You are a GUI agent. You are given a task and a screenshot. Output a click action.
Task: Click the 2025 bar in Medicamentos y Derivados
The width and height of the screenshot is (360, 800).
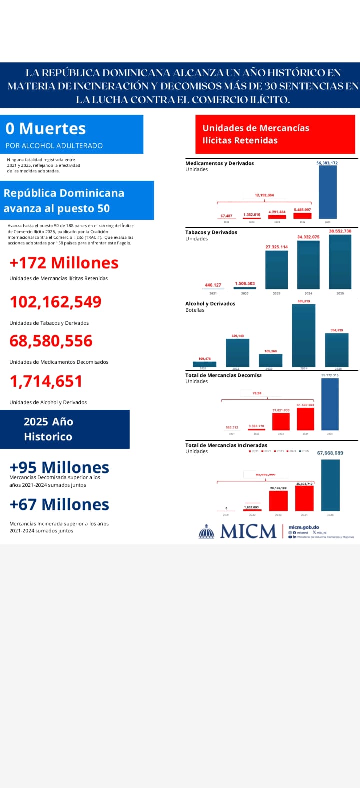[x=328, y=192]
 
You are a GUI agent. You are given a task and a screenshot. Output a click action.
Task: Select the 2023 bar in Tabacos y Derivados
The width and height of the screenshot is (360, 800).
[x=276, y=270]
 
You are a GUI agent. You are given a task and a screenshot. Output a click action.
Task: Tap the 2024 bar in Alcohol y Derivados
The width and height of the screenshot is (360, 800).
[x=303, y=336]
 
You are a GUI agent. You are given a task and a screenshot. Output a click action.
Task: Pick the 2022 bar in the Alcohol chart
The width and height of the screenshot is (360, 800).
[x=237, y=353]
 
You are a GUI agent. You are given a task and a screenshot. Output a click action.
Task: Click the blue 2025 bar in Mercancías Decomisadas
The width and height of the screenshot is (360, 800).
[x=330, y=404]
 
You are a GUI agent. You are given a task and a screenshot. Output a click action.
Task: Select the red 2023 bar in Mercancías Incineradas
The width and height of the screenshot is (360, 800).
[x=278, y=501]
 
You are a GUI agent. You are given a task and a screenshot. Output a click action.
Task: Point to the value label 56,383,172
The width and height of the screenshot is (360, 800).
[x=327, y=163]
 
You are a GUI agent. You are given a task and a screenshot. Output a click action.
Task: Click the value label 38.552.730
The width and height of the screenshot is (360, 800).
[x=340, y=231]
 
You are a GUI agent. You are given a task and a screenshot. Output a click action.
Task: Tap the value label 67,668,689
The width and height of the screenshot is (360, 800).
[x=330, y=453]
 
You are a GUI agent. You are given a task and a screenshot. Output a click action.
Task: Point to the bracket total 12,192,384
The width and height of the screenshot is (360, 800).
[x=264, y=195]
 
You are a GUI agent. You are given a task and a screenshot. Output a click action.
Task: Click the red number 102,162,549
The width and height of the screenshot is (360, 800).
[x=56, y=302]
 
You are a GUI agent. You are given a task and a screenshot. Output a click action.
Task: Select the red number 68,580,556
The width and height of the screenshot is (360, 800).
[x=51, y=341]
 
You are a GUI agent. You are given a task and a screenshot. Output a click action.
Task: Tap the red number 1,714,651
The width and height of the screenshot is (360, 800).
[x=46, y=381]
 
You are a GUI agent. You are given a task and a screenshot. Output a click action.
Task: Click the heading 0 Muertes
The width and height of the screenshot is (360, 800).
[x=46, y=129]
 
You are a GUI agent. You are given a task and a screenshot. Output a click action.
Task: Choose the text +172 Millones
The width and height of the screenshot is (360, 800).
[x=64, y=263]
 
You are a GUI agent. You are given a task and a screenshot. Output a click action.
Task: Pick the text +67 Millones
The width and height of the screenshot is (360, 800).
[x=59, y=505]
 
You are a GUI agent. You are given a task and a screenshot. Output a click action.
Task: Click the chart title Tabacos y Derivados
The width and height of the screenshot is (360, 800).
[x=211, y=232]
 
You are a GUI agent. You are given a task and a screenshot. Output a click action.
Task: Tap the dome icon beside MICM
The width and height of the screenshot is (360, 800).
[x=206, y=531]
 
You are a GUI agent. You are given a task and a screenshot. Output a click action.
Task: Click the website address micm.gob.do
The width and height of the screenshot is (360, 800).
[x=304, y=527]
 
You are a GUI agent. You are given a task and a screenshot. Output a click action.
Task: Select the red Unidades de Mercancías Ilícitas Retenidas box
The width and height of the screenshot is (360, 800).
[x=275, y=134]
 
